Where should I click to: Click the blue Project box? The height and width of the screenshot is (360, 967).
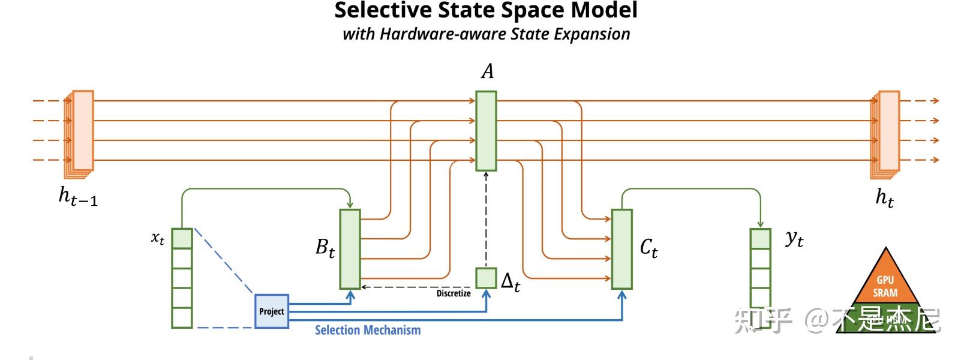point(272,311)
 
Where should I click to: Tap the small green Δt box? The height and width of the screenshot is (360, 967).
point(486,278)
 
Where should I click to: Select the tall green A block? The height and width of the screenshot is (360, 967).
point(486,131)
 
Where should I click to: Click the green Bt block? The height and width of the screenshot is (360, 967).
point(350,249)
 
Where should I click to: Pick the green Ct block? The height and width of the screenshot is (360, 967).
point(621,249)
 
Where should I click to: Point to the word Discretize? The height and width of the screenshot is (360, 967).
point(454,293)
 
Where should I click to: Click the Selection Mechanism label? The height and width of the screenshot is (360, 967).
point(368,330)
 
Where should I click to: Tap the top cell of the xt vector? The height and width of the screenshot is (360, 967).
point(182,238)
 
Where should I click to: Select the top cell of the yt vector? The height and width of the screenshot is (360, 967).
point(760,238)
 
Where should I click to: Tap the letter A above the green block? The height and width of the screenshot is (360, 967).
point(488,71)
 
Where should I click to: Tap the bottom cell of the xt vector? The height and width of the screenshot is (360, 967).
point(182,317)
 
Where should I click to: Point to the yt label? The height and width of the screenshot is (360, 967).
point(794,239)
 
